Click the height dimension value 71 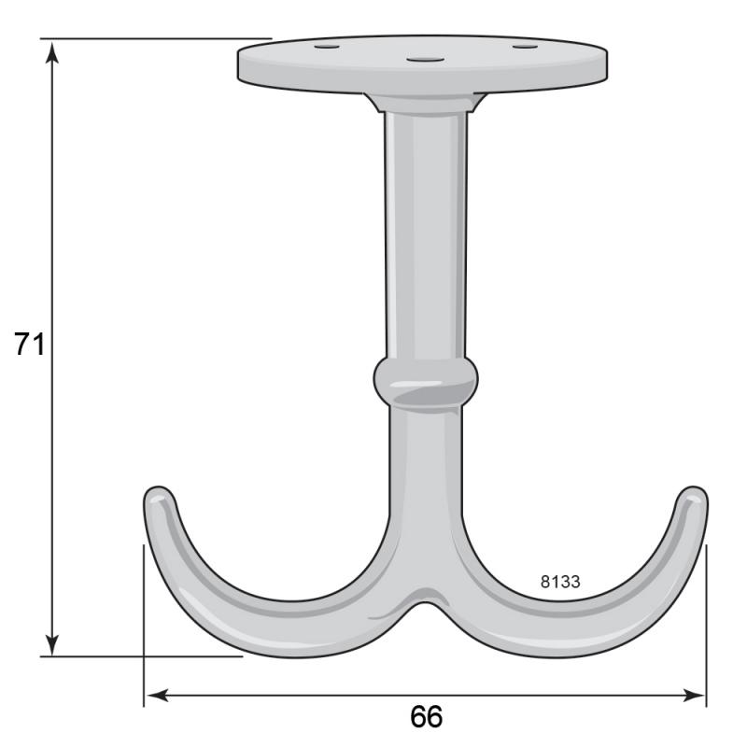29,344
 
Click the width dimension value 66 426,716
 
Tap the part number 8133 560,582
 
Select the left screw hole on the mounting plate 327,47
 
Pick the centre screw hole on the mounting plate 425,60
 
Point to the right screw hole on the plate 525,46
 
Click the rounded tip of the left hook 159,496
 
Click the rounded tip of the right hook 694,496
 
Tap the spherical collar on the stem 426,383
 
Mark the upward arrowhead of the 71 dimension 52,51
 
